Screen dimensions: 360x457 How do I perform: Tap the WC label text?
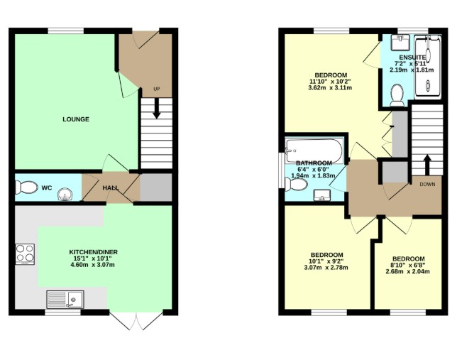pos(46,188)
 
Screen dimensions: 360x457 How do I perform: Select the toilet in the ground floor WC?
pos(26,187)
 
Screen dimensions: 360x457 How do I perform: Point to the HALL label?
pos(111,188)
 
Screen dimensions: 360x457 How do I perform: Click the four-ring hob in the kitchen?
pos(25,253)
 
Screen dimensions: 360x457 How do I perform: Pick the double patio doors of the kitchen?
pos(133,321)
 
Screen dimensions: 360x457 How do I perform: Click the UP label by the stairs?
pos(156,89)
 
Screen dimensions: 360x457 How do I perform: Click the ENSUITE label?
pos(412,57)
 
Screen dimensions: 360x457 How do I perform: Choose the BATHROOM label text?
pos(314,163)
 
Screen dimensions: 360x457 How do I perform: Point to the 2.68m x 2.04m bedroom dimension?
pos(409,271)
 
